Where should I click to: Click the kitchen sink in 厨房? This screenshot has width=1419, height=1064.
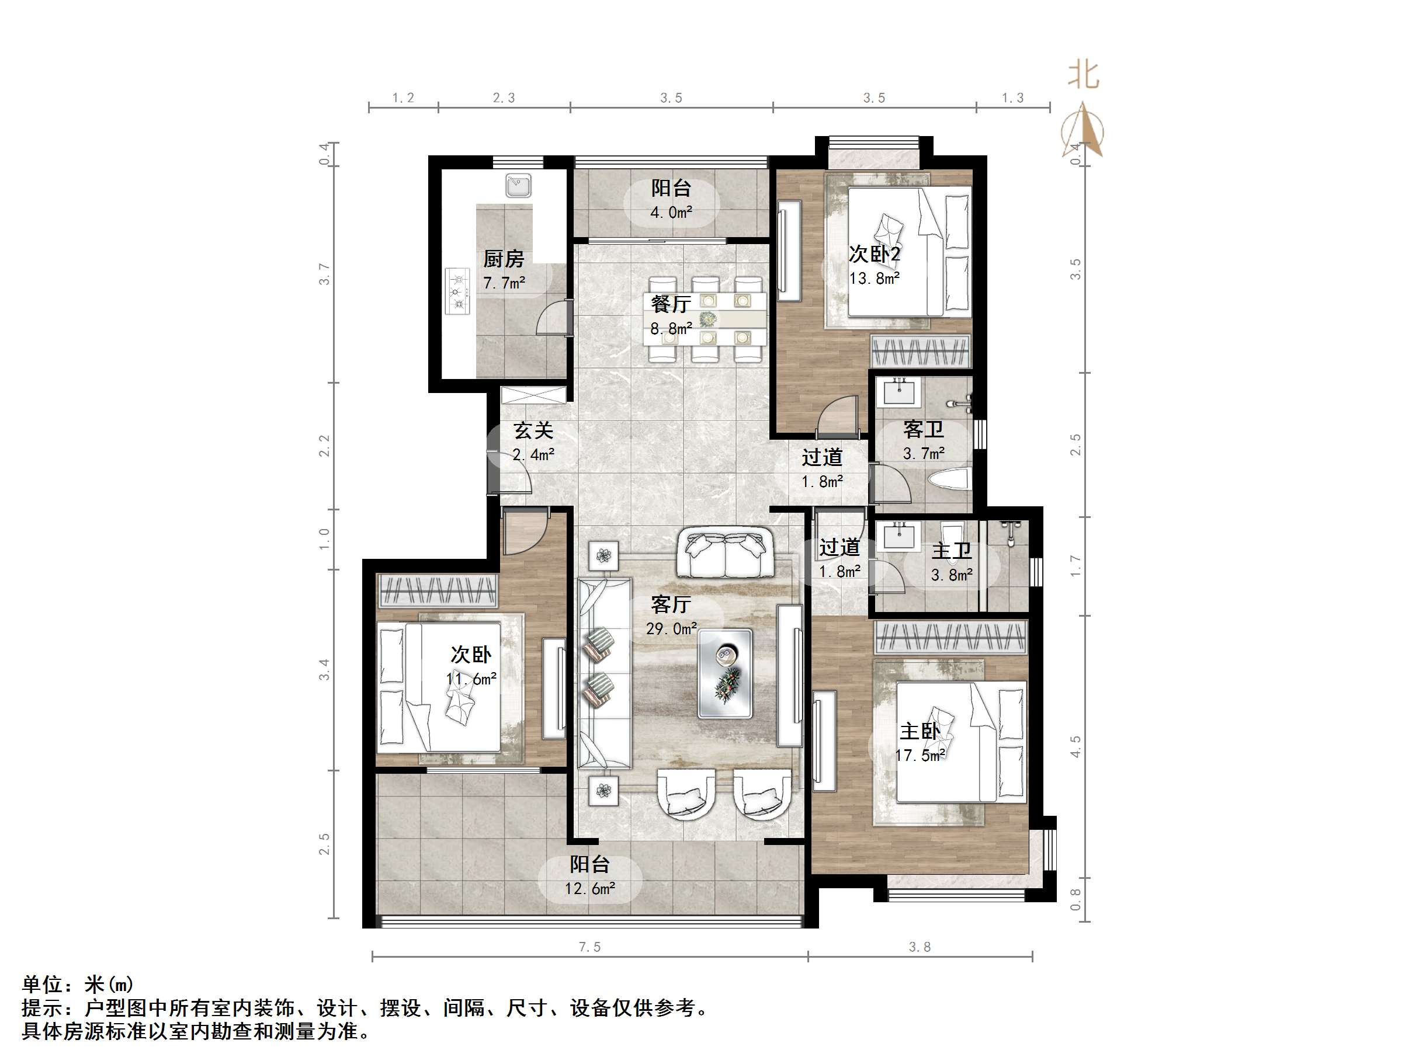point(518,185)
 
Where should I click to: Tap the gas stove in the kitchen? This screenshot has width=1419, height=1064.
point(458,291)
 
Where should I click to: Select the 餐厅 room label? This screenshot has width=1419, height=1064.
point(671,303)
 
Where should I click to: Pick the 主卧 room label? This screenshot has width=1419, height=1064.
point(920,731)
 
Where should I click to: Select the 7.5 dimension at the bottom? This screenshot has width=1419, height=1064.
point(589,947)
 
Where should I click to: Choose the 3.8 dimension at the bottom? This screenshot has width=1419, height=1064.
point(920,947)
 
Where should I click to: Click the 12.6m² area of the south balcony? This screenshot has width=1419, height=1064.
point(589,889)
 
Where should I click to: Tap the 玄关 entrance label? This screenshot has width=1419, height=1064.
point(533,430)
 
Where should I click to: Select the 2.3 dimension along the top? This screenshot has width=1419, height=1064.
point(504,98)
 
